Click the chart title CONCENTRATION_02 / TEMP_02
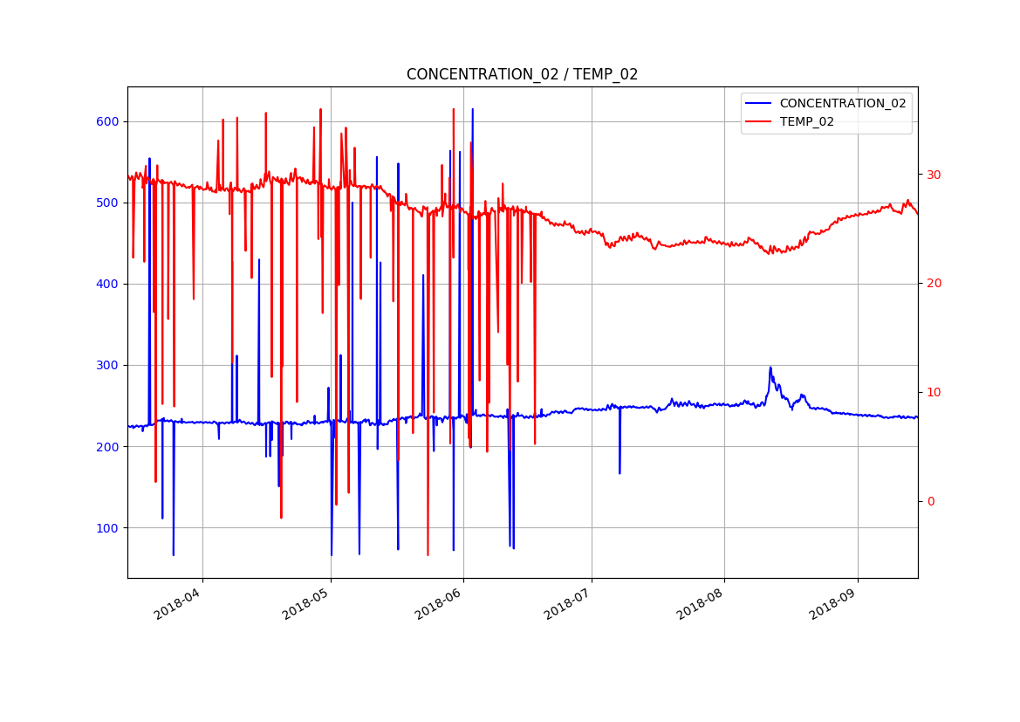click(x=522, y=75)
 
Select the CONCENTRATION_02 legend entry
click(x=842, y=103)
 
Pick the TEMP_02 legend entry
click(x=806, y=122)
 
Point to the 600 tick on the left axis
click(x=107, y=121)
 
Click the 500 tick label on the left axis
click(x=107, y=203)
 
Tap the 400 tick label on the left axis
click(x=107, y=284)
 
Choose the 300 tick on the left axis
click(x=107, y=365)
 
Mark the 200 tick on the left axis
click(x=107, y=446)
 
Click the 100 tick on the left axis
click(x=107, y=527)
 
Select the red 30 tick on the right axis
click(x=934, y=175)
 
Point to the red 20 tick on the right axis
click(x=934, y=284)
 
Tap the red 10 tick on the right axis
click(x=934, y=392)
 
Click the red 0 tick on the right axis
click(x=930, y=501)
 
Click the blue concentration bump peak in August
click(x=770, y=368)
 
